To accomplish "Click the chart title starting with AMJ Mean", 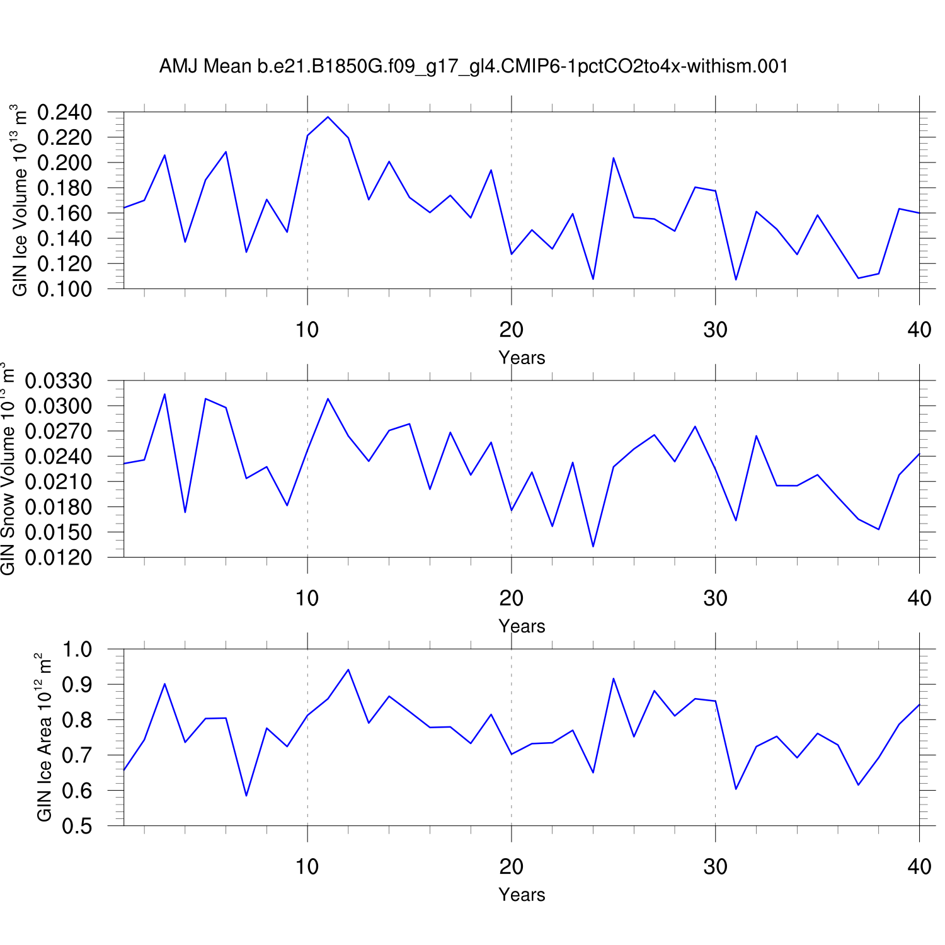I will pyautogui.click(x=473, y=66).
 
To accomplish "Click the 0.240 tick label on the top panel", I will pyautogui.click(x=64, y=113).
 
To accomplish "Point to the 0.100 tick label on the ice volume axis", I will pyautogui.click(x=64, y=289).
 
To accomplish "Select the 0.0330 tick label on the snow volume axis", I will pyautogui.click(x=58, y=381).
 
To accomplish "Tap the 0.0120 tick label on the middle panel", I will pyautogui.click(x=58, y=558).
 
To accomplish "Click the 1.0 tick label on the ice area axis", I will pyautogui.click(x=77, y=650).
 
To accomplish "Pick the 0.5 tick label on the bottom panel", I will pyautogui.click(x=77, y=826).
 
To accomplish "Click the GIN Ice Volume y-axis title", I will pyautogui.click(x=20, y=200).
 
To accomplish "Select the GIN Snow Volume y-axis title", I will pyautogui.click(x=8, y=469).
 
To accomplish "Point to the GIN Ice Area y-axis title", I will pyautogui.click(x=44, y=737).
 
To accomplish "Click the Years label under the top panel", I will pyautogui.click(x=522, y=358).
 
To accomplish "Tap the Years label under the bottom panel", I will pyautogui.click(x=522, y=895).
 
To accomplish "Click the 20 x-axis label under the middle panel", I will pyautogui.click(x=511, y=598).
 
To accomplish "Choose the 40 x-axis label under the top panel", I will pyautogui.click(x=919, y=329).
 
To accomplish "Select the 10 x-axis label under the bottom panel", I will pyautogui.click(x=307, y=866).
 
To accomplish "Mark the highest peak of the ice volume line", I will pyautogui.click(x=328, y=117).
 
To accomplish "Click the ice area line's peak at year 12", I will pyautogui.click(x=348, y=670).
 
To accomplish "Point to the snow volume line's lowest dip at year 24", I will pyautogui.click(x=593, y=546).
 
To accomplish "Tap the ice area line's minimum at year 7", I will pyautogui.click(x=246, y=796).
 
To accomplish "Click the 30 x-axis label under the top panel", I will pyautogui.click(x=715, y=329).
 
